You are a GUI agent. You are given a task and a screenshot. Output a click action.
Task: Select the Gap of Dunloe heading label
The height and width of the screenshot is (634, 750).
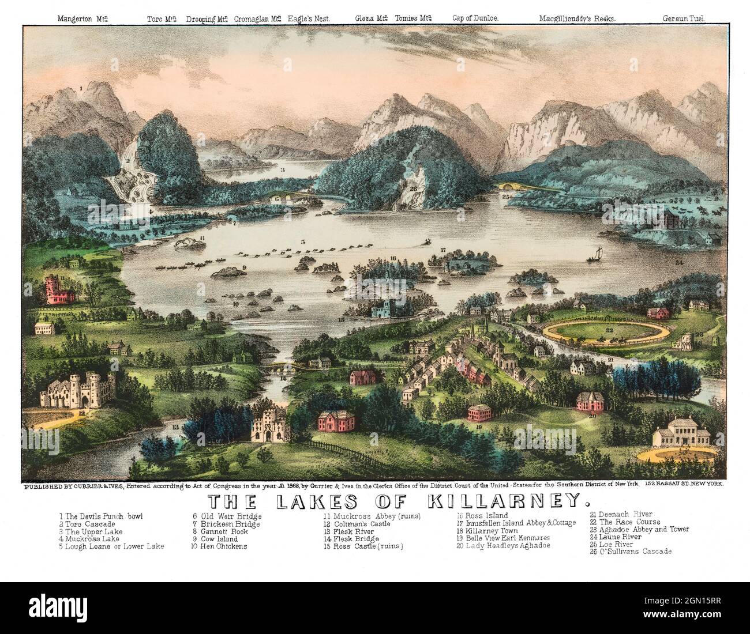point(475,18)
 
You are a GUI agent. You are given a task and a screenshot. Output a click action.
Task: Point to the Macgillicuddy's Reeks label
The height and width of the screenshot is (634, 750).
point(577,18)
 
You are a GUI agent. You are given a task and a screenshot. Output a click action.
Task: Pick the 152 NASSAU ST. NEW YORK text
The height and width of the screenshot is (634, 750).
point(687,485)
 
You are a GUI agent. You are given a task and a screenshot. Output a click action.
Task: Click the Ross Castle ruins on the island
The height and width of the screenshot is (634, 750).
point(384,307)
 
